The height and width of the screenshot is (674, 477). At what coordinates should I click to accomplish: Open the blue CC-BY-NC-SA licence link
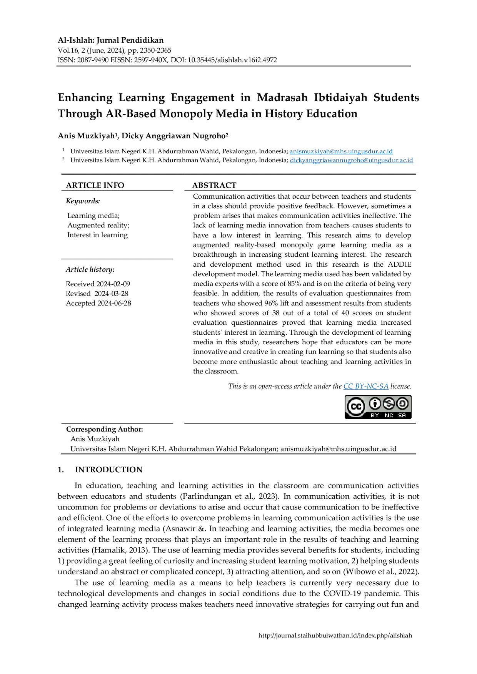click(366, 386)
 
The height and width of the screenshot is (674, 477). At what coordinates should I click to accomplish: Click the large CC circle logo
click(356, 406)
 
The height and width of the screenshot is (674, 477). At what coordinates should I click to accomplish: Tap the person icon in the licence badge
click(375, 403)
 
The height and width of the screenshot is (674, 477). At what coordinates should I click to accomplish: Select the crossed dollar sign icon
click(389, 403)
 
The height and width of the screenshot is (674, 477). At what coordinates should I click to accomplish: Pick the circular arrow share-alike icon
click(402, 403)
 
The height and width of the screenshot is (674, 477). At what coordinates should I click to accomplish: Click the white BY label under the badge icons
click(375, 415)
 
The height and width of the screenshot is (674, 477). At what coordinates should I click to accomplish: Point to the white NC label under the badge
click(389, 415)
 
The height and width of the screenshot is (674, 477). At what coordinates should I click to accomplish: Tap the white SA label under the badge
click(402, 415)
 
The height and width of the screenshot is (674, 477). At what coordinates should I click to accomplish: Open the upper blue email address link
click(341, 151)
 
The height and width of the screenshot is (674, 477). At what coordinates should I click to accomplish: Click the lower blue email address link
click(352, 161)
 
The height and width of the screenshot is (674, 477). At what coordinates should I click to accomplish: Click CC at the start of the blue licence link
click(347, 386)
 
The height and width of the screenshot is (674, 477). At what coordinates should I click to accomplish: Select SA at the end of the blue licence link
click(384, 386)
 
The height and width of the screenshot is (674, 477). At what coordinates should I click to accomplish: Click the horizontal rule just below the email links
click(239, 174)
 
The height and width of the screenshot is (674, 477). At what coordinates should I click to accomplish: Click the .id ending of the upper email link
click(390, 151)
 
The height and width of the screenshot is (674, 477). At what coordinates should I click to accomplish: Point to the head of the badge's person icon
click(375, 400)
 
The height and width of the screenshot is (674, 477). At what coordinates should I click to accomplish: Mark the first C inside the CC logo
click(353, 406)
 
